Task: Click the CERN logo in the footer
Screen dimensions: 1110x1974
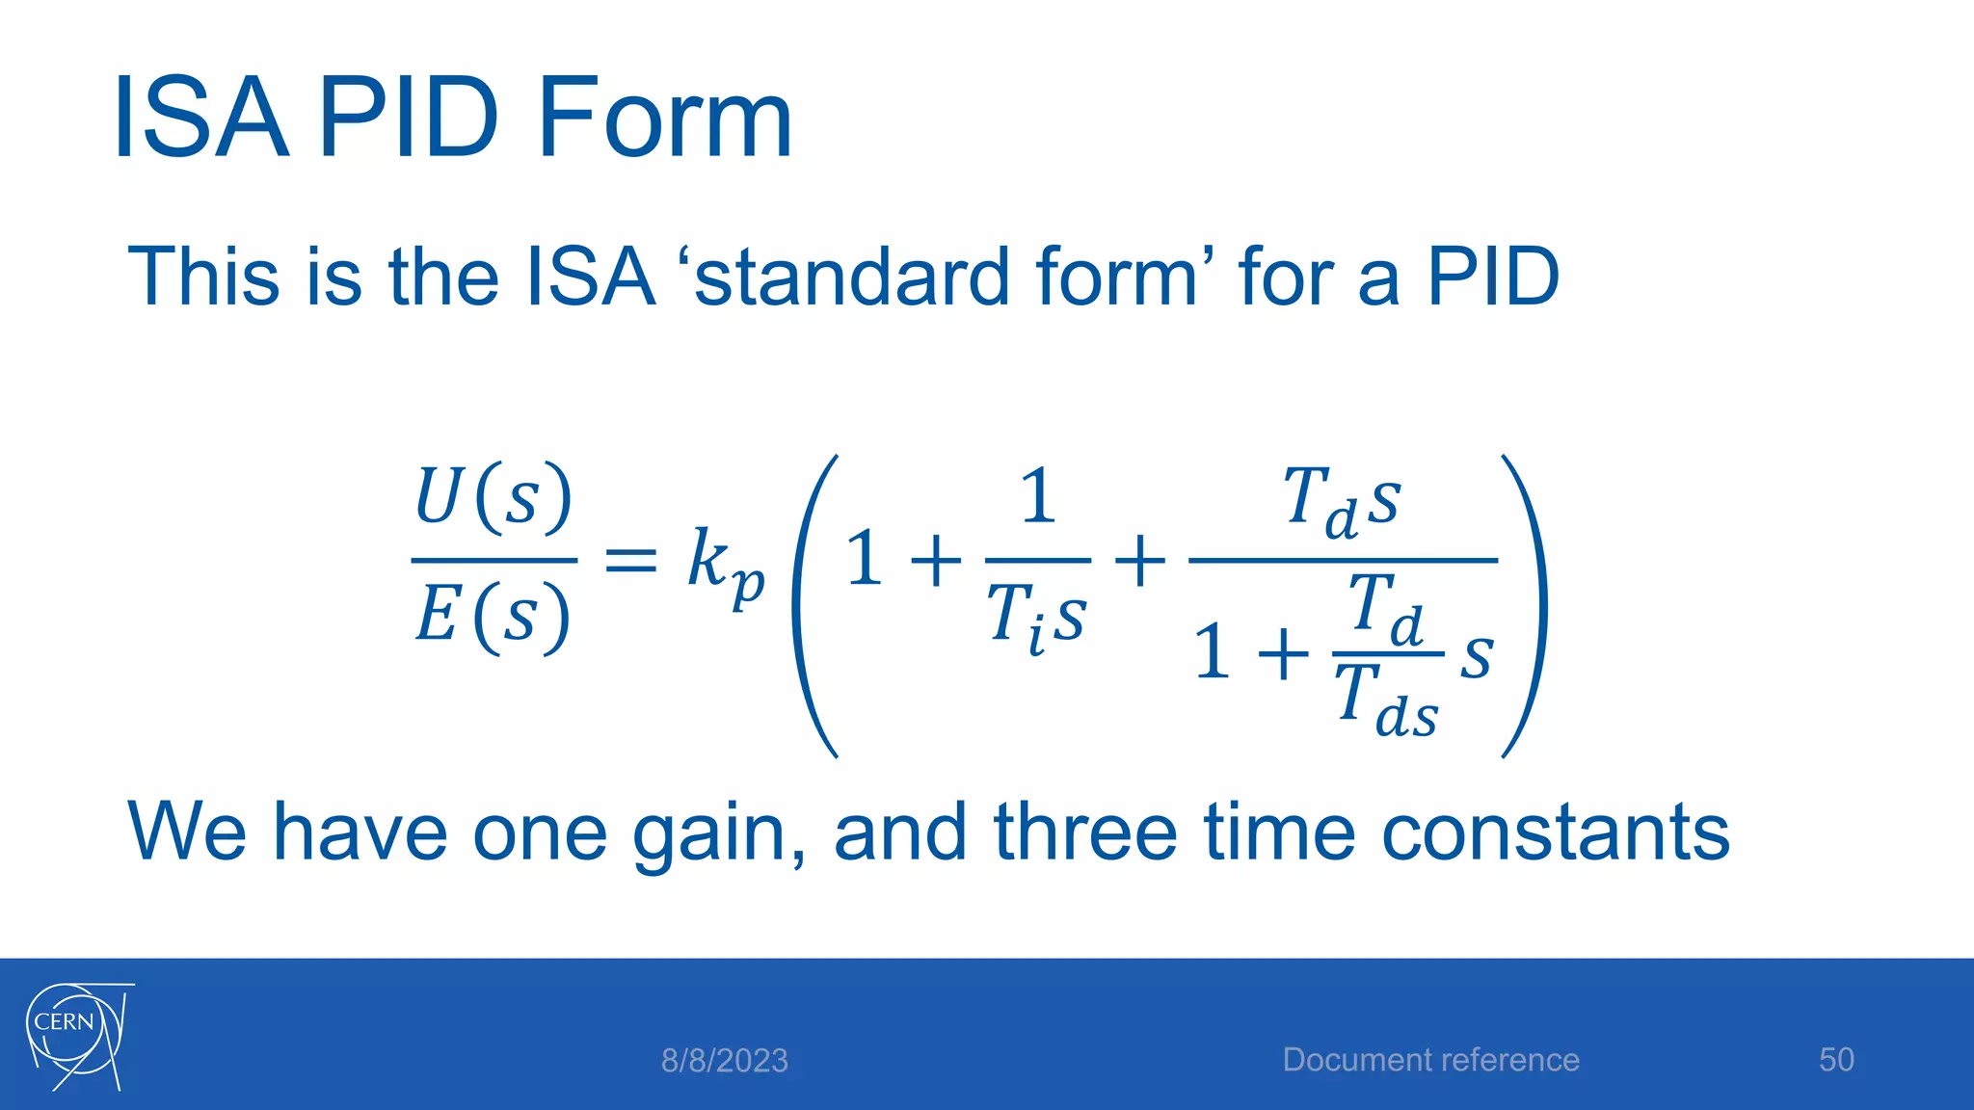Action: [77, 1036]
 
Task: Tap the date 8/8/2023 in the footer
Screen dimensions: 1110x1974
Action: [724, 1061]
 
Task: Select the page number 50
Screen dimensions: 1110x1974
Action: [1836, 1060]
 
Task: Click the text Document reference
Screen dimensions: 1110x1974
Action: [1430, 1060]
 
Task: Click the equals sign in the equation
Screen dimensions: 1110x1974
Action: [630, 560]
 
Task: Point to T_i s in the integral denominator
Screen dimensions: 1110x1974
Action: [1037, 618]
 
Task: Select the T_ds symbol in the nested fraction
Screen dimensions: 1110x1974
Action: [1386, 702]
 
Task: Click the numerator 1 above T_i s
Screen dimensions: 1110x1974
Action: [1037, 497]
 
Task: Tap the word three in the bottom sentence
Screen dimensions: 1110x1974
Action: [1085, 832]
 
